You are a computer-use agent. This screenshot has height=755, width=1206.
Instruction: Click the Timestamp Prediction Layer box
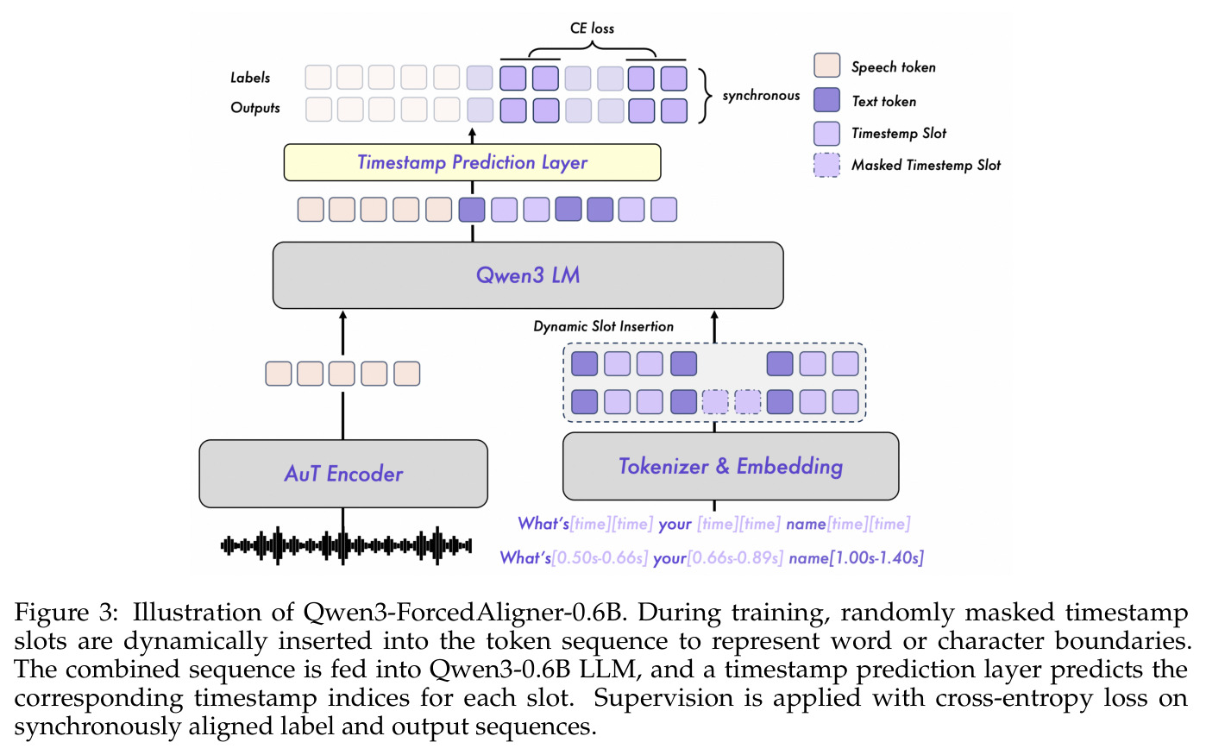[472, 162]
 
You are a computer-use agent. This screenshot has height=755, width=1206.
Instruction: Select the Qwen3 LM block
[528, 275]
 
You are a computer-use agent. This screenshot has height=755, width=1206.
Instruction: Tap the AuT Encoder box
[343, 474]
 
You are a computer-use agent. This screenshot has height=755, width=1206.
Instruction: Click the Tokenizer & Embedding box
[731, 466]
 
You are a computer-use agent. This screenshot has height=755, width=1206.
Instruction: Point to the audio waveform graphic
[346, 545]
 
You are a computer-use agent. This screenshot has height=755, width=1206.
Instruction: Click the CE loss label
[592, 28]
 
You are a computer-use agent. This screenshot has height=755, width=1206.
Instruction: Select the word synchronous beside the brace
[761, 96]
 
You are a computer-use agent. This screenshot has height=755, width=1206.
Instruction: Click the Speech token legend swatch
[826, 66]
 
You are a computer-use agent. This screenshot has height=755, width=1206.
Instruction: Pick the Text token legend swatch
[826, 99]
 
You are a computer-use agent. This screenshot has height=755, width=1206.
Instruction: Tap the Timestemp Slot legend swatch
[826, 133]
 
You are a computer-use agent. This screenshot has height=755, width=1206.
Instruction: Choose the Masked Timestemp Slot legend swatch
[826, 166]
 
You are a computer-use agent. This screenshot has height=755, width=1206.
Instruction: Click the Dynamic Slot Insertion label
[603, 326]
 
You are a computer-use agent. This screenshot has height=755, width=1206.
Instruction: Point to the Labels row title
[250, 78]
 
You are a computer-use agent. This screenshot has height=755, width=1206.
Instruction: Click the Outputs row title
[255, 108]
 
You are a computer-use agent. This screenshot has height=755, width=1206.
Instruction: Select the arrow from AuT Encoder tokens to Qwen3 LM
[343, 333]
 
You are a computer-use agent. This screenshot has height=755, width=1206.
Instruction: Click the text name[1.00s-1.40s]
[856, 557]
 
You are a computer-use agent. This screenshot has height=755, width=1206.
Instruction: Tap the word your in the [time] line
[675, 524]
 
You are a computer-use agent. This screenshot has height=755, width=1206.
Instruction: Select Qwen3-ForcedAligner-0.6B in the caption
[465, 613]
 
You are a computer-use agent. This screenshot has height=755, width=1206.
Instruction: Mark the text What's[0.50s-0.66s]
[574, 557]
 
